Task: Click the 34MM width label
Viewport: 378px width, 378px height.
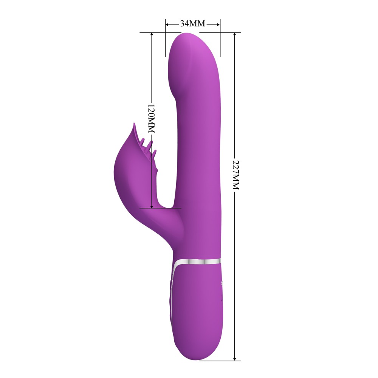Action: coord(192,23)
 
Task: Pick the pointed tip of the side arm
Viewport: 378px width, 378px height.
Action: coord(133,124)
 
